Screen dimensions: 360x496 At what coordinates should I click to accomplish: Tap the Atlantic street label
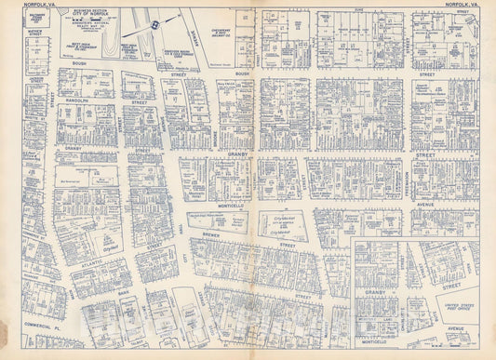92,263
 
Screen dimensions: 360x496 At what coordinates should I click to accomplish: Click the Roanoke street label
31,275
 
